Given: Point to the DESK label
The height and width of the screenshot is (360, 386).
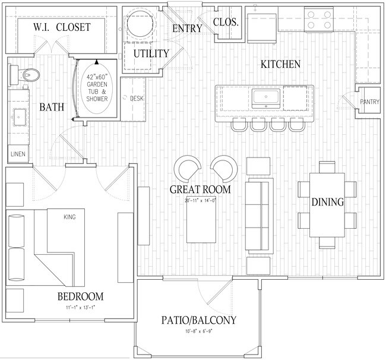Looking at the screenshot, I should pyautogui.click(x=137, y=98).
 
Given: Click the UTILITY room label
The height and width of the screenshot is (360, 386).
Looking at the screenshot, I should pyautogui.click(x=151, y=53).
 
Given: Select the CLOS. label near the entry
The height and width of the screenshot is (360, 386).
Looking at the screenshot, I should pyautogui.click(x=225, y=23).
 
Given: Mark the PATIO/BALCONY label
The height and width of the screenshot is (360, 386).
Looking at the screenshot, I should pyautogui.click(x=198, y=321).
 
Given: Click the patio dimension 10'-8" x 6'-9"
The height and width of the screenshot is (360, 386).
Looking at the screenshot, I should pyautogui.click(x=198, y=331).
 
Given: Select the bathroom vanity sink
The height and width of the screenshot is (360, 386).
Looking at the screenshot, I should pyautogui.click(x=16, y=116).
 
